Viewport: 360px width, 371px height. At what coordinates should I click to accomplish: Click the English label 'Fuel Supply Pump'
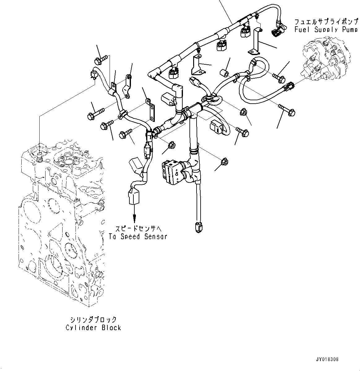coord(326,30)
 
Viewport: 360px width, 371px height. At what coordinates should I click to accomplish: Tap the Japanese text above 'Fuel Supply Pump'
coord(326,22)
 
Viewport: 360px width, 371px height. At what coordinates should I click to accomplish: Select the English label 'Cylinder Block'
coord(93,327)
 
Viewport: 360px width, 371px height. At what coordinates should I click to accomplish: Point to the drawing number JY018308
coord(327,360)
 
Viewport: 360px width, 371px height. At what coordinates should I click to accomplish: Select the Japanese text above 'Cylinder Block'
coord(93,319)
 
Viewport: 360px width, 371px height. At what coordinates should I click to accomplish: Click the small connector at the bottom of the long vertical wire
coord(198,227)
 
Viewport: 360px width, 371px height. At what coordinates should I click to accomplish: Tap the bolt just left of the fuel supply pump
coord(279,77)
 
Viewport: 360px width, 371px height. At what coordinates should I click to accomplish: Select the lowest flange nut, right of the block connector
coord(224,162)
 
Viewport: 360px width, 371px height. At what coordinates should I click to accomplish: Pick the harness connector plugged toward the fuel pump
coord(289,86)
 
